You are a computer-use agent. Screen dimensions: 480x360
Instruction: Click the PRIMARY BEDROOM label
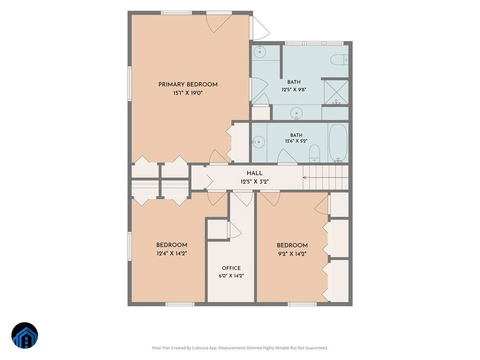188,84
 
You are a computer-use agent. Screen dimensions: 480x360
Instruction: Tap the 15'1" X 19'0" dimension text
188,93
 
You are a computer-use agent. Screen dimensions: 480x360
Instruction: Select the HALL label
254,173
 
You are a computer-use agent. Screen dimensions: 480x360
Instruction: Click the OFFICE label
231,268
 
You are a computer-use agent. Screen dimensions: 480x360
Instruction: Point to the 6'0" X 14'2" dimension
231,276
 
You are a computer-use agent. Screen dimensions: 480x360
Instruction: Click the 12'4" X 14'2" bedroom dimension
172,254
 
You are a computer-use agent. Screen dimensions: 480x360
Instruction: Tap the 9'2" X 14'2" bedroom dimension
292,254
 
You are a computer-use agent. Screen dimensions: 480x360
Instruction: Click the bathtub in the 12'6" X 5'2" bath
338,143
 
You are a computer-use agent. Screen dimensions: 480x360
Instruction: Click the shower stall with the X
336,92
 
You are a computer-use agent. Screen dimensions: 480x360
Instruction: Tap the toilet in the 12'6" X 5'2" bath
315,153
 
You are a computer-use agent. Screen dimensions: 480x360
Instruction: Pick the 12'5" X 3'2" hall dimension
254,182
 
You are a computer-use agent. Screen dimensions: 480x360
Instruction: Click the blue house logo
25,335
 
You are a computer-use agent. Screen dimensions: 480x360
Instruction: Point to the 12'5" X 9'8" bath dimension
294,90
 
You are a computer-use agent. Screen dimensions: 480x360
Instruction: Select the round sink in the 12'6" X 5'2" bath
258,142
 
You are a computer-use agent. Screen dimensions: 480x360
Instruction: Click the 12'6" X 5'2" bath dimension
296,141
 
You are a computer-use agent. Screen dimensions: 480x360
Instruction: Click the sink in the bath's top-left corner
260,52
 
